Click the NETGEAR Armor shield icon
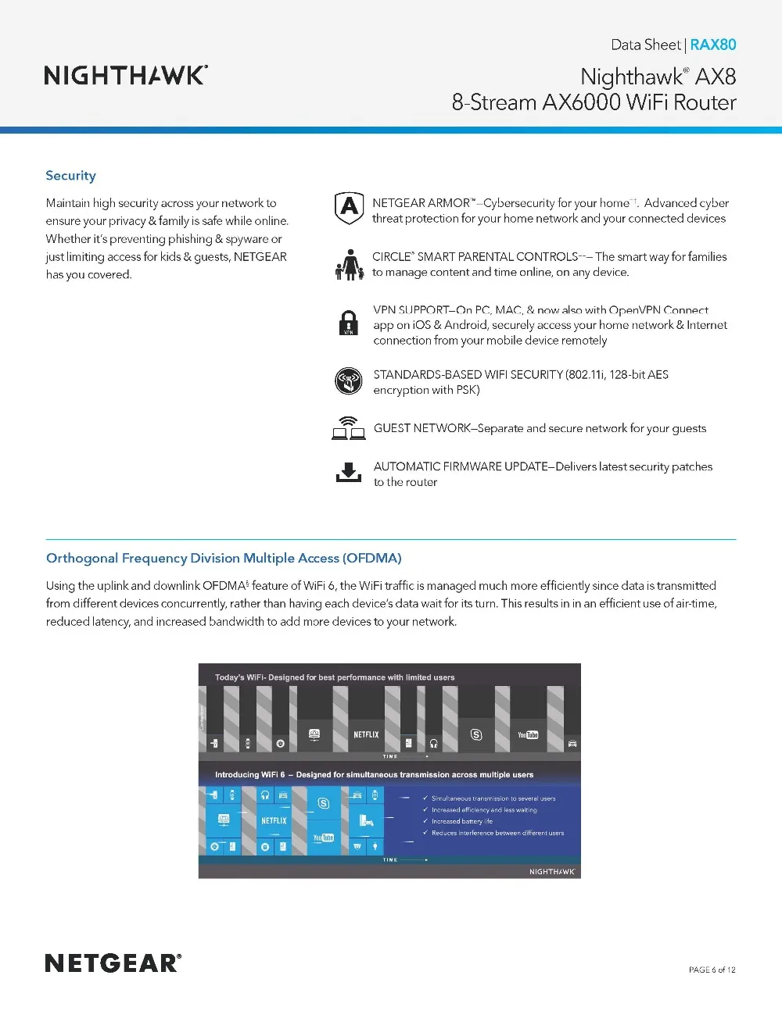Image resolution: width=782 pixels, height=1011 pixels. click(x=349, y=208)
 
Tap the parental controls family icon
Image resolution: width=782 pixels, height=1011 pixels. click(x=350, y=265)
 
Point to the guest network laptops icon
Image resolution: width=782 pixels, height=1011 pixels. click(x=349, y=428)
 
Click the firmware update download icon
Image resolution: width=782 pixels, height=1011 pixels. click(x=349, y=472)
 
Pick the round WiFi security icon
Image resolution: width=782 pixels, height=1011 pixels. click(x=349, y=380)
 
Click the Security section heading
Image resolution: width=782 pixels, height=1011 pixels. click(x=70, y=176)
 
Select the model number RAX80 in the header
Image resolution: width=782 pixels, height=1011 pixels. click(x=712, y=45)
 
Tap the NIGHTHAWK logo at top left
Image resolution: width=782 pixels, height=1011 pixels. click(x=126, y=75)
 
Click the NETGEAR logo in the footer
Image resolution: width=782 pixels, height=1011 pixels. click(x=113, y=963)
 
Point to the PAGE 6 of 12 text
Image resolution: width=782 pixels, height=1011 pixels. click(x=712, y=970)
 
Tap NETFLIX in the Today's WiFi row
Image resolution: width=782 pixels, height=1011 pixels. click(x=366, y=734)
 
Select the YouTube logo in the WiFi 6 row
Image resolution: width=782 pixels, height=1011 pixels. click(x=323, y=838)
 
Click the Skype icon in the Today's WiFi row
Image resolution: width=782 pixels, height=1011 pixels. click(x=476, y=734)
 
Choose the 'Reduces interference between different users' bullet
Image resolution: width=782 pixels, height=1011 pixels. click(x=497, y=833)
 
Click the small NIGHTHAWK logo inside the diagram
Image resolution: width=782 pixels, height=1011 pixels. click(x=552, y=871)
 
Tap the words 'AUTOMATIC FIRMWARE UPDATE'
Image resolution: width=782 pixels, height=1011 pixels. click(x=461, y=466)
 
